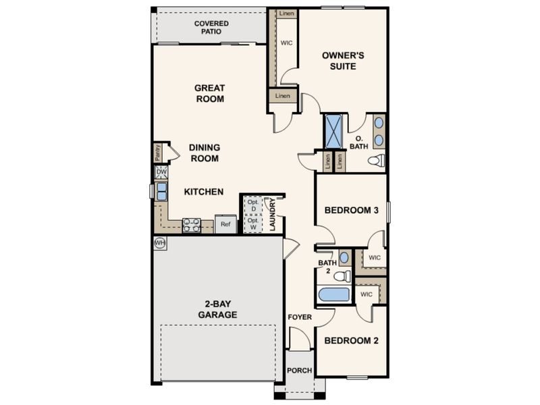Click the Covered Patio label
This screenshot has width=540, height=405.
pyautogui.click(x=211, y=27)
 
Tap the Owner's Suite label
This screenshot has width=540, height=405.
pyautogui.click(x=343, y=61)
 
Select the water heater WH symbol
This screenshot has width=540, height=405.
pyautogui.click(x=160, y=243)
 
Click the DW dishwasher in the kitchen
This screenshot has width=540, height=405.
pyautogui.click(x=161, y=172)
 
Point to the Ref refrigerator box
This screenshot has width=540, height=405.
pyautogui.click(x=225, y=224)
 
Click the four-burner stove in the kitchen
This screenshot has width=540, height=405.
pyautogui.click(x=192, y=225)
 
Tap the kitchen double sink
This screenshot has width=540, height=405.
pyautogui.click(x=161, y=192)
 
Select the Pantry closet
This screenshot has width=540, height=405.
pyautogui.click(x=158, y=153)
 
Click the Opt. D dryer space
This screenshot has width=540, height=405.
pyautogui.click(x=254, y=206)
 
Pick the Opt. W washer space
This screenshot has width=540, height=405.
pyautogui.click(x=254, y=224)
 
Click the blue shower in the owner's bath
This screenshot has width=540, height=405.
pyautogui.click(x=333, y=131)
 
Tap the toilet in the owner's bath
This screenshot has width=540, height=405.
pyautogui.click(x=376, y=160)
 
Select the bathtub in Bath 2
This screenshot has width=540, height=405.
pyautogui.click(x=333, y=295)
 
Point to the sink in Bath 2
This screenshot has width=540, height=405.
pyautogui.click(x=344, y=258)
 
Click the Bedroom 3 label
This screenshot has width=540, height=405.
pyautogui.click(x=351, y=210)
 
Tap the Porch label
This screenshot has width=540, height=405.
pyautogui.click(x=299, y=371)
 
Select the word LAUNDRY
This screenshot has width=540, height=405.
pyautogui.click(x=273, y=215)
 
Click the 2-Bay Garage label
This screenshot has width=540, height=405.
pyautogui.click(x=217, y=309)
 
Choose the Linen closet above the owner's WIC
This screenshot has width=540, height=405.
pyautogui.click(x=286, y=13)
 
